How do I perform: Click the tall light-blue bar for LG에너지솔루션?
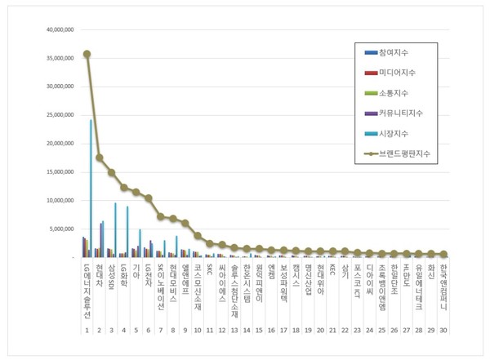[91, 188]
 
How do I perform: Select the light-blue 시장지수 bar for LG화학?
[127, 232]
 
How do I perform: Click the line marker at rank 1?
[87, 54]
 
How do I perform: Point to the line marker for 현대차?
[100, 158]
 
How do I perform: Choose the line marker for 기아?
[136, 193]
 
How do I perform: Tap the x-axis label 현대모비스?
[173, 282]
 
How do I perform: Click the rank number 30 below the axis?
[443, 331]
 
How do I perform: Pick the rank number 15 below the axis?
[259, 331]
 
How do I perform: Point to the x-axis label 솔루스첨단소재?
[234, 291]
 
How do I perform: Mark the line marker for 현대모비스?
[173, 218]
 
